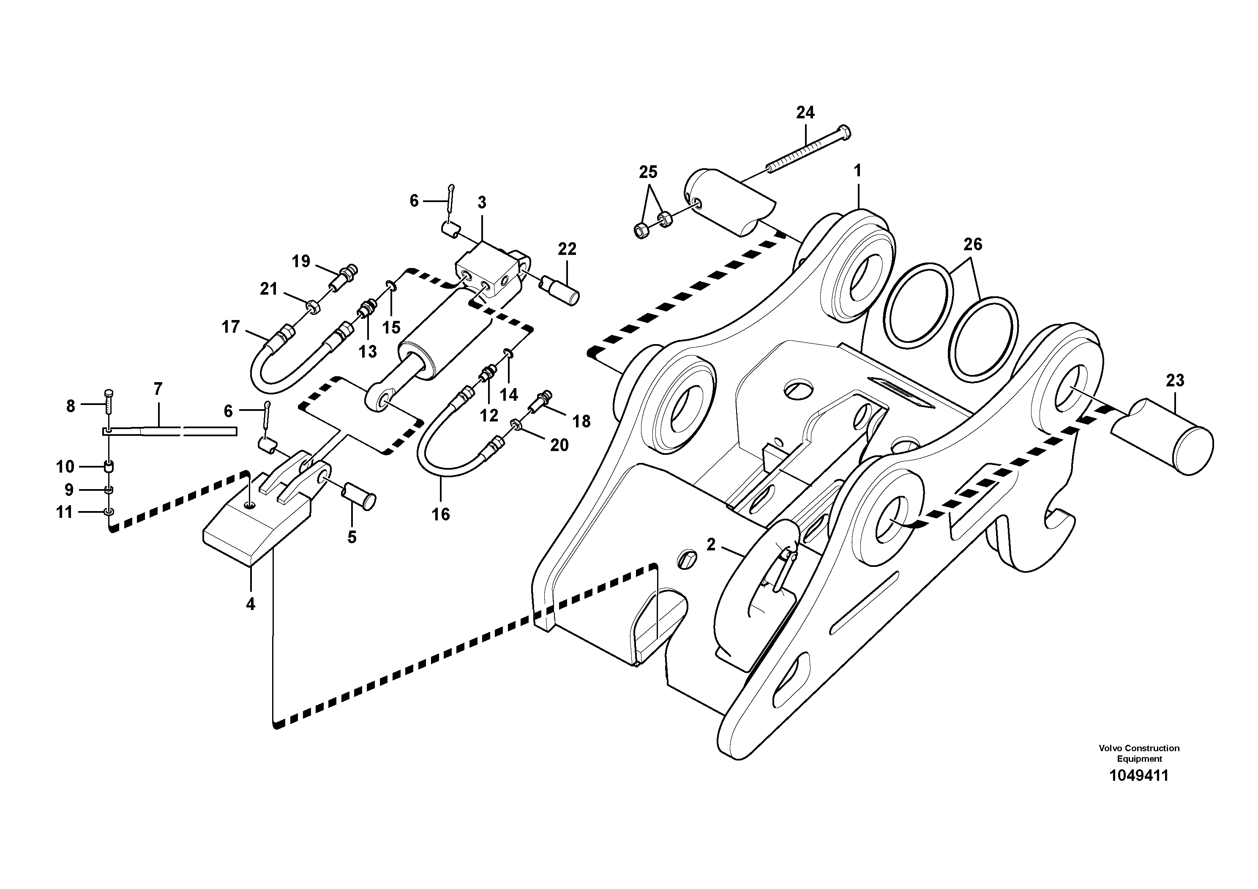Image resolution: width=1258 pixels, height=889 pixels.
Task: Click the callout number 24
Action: (x=805, y=113)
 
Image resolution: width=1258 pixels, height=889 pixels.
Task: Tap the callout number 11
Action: (x=65, y=512)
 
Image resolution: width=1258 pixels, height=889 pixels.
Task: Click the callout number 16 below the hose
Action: (x=440, y=514)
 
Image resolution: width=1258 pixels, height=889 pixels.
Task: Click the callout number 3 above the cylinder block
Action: (x=482, y=203)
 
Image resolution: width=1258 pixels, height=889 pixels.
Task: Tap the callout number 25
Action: (x=648, y=172)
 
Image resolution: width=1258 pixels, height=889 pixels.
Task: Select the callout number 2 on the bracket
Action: (x=711, y=545)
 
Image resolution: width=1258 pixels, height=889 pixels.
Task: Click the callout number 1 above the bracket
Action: (x=857, y=171)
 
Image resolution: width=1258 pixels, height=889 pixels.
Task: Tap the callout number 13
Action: (x=368, y=352)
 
